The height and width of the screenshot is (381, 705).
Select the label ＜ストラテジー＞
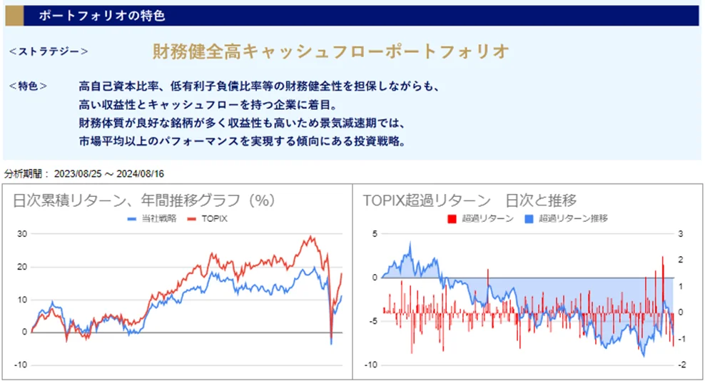[x=49, y=51]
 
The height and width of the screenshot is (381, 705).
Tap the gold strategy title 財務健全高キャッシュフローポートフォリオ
[x=331, y=51]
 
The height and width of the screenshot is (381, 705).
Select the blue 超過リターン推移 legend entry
[x=572, y=218]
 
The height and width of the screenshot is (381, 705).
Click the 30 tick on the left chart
[x=21, y=234]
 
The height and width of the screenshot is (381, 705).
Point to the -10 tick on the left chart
[x=20, y=365]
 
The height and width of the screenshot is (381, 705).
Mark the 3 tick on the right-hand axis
[x=681, y=234]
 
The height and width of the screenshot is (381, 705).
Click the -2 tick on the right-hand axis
[x=681, y=365]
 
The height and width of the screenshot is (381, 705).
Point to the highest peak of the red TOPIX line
[x=310, y=237]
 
